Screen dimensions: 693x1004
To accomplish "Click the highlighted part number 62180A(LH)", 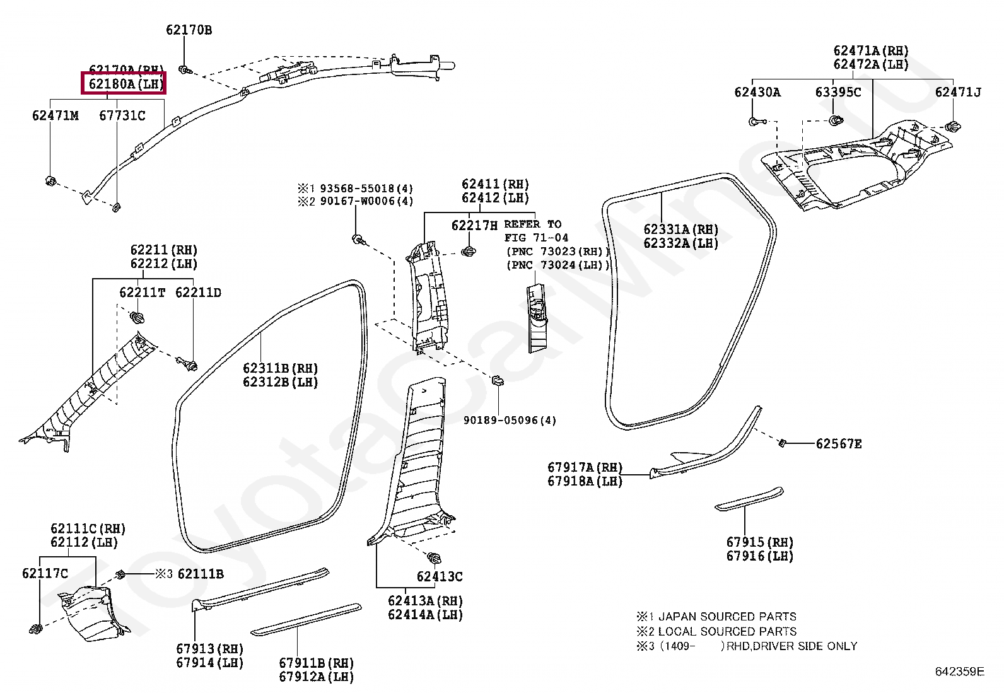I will coord(123,83).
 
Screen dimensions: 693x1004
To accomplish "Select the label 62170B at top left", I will coord(189,29).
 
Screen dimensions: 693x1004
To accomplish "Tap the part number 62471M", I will coord(55,115).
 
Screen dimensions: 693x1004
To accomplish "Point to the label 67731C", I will coord(122,115).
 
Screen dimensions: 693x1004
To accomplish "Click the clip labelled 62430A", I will coord(755,121).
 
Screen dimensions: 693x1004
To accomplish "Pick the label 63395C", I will coord(838,92).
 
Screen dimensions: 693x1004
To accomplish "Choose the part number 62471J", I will coord(958,92).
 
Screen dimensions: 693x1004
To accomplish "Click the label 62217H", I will coord(474,224).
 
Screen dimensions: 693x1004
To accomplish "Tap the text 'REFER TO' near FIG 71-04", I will coord(533,224).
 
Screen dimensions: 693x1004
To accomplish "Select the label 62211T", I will coord(143,293).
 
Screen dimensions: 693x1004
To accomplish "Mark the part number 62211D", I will coord(198,293).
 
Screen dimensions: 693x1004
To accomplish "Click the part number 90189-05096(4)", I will coord(510,421).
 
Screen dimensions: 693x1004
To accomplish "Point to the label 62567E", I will coord(839,444).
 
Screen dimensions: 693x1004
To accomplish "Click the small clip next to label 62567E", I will coord(783,442).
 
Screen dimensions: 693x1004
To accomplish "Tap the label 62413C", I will coord(440,576).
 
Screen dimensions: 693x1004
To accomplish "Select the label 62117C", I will coord(44,573).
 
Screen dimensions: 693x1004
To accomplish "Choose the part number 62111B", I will coord(201,574).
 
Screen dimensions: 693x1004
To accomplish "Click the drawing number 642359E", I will coord(959,672).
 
